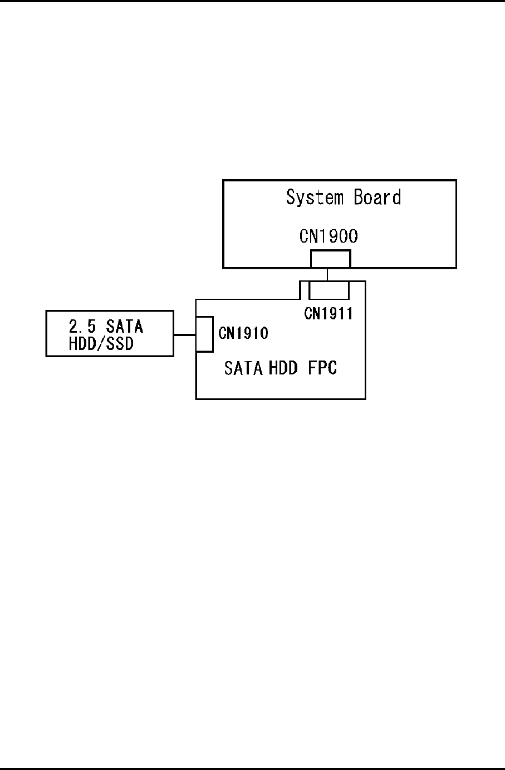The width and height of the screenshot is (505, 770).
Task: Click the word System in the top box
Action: pyautogui.click(x=315, y=198)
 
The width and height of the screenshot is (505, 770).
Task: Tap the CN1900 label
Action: pyautogui.click(x=329, y=236)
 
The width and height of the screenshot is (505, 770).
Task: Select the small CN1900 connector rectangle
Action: pyautogui.click(x=330, y=259)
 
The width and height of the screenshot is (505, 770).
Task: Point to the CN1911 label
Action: pyautogui.click(x=328, y=314)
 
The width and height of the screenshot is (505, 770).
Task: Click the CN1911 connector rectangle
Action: pyautogui.click(x=329, y=290)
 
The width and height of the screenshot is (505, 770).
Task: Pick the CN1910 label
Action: pyautogui.click(x=243, y=333)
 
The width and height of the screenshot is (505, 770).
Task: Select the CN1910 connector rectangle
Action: pyautogui.click(x=205, y=334)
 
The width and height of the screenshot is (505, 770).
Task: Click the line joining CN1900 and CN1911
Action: pyautogui.click(x=327, y=274)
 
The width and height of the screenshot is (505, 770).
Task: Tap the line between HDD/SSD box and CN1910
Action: pyautogui.click(x=184, y=335)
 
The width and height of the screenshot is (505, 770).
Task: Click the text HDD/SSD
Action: pyautogui.click(x=101, y=344)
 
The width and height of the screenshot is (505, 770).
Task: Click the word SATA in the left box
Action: pyautogui.click(x=125, y=325)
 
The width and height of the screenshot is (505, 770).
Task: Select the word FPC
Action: pyautogui.click(x=322, y=368)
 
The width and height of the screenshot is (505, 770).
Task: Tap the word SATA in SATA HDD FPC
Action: pyautogui.click(x=243, y=368)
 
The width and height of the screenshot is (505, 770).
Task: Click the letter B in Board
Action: pyautogui.click(x=359, y=198)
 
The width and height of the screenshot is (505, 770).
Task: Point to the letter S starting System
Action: pyautogui.click(x=291, y=198)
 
